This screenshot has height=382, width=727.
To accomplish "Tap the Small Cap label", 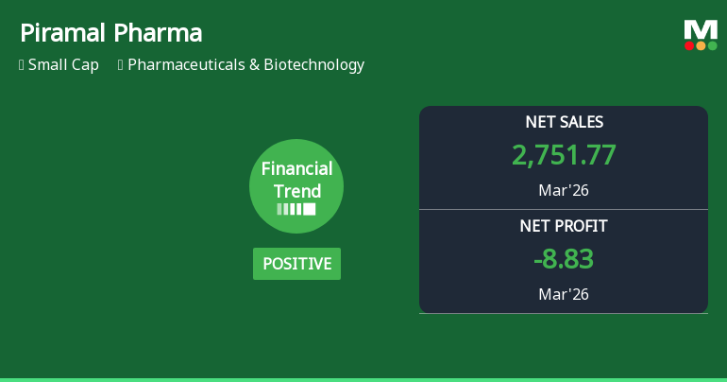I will click(63, 65).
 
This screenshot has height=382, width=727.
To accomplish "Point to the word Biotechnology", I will click(314, 65).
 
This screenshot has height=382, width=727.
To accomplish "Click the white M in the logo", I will click(701, 30).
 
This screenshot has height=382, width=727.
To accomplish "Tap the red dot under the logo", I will click(689, 45).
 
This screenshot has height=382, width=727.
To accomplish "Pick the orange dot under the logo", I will click(701, 45).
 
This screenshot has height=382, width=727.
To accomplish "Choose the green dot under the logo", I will click(712, 45).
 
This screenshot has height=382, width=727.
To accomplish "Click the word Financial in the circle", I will click(296, 169).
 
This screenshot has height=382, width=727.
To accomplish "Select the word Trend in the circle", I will click(296, 190).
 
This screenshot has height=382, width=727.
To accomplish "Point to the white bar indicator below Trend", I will click(296, 209).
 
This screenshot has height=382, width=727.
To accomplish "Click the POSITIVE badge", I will click(296, 264).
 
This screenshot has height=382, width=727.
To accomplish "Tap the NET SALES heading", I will click(564, 122).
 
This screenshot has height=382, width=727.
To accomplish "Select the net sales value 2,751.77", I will click(564, 155).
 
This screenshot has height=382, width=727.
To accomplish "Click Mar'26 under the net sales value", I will click(564, 190).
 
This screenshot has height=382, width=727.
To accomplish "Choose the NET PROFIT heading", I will click(564, 226).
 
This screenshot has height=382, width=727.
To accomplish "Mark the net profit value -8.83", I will click(564, 259).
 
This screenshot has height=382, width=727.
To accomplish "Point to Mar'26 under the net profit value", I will click(564, 294).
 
